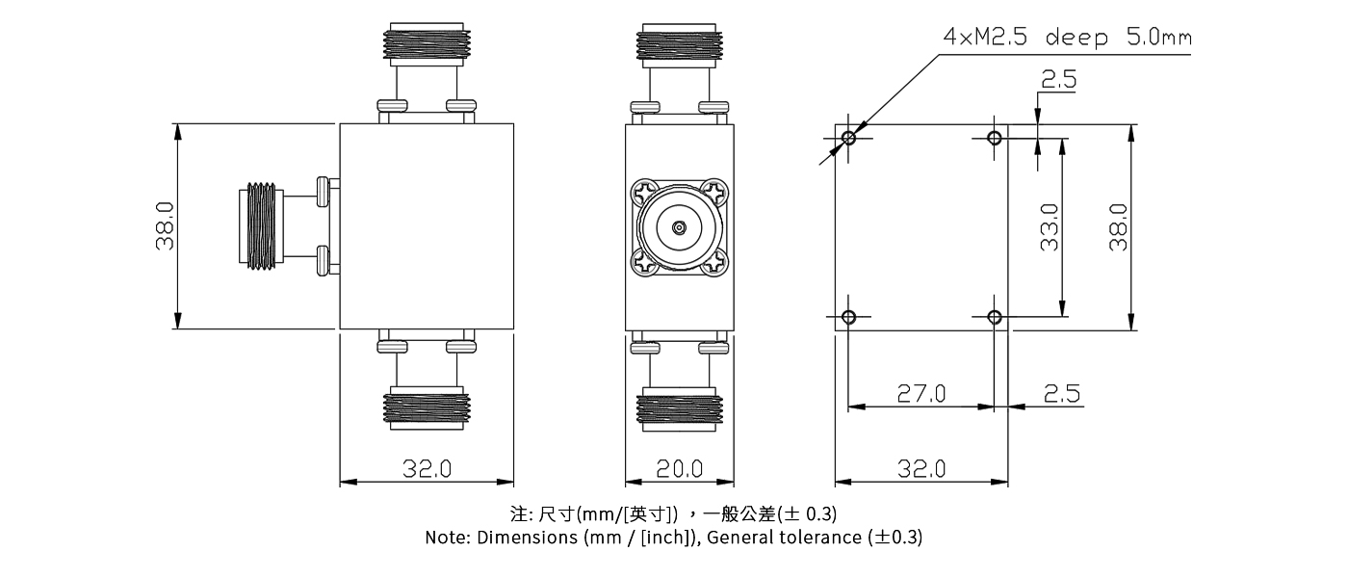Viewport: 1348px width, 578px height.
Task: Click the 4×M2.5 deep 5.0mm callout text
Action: tap(1067, 39)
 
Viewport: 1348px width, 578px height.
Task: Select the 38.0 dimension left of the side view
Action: tap(165, 226)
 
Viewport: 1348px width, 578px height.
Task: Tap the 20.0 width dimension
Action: tap(679, 469)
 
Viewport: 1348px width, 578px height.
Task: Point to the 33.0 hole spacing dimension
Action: tap(1049, 227)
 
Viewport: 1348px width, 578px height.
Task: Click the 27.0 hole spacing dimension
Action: tap(921, 393)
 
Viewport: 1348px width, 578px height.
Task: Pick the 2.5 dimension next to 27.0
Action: tap(1062, 393)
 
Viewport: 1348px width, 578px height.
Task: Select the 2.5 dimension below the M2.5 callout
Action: tap(1058, 81)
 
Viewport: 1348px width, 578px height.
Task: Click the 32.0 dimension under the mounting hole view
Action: tap(921, 469)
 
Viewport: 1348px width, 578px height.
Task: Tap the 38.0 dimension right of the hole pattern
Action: tap(1117, 227)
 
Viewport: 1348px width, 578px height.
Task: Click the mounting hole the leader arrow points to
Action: tap(848, 138)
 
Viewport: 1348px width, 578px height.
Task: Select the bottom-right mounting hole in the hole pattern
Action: tap(995, 317)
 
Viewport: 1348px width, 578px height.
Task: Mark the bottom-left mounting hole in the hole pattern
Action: tap(848, 317)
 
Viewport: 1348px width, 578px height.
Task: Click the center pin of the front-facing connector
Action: tap(679, 228)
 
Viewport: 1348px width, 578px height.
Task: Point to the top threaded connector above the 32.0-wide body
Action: tap(426, 43)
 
